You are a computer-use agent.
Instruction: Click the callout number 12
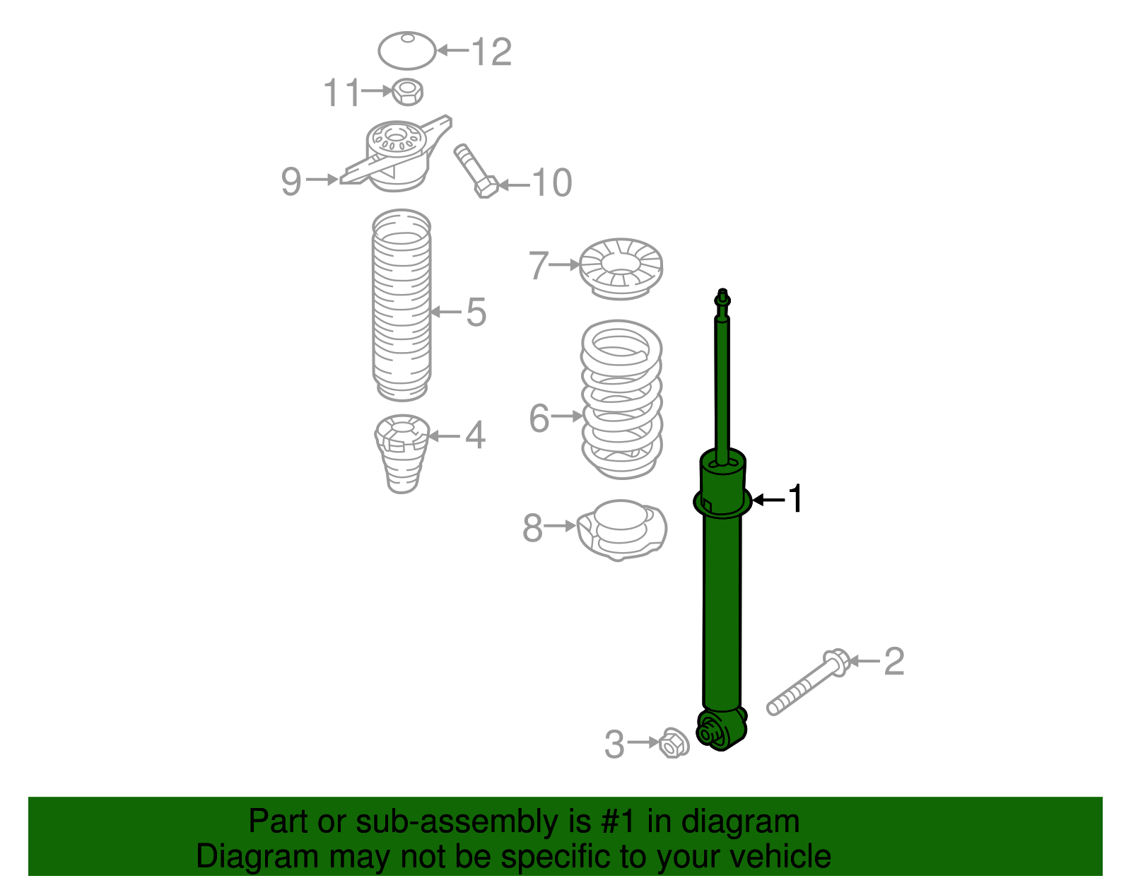[491, 52]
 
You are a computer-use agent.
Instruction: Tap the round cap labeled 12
[407, 51]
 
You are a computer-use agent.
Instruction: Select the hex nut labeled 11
[407, 91]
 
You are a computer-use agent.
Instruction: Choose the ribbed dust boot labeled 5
[402, 305]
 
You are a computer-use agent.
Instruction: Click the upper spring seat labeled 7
[621, 269]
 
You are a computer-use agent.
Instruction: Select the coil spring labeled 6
[621, 399]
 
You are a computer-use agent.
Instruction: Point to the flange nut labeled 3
[674, 744]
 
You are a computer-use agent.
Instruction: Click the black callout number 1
[796, 499]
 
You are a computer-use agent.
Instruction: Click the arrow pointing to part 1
[769, 500]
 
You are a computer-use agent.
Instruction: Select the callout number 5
[476, 312]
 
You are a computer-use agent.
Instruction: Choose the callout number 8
[532, 528]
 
